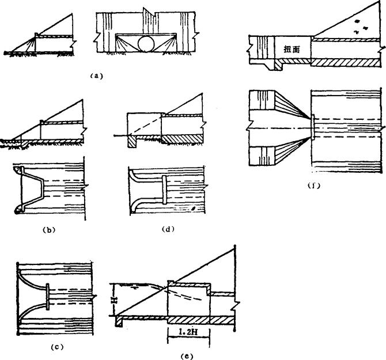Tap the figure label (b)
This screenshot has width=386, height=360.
click(x=48, y=229)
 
